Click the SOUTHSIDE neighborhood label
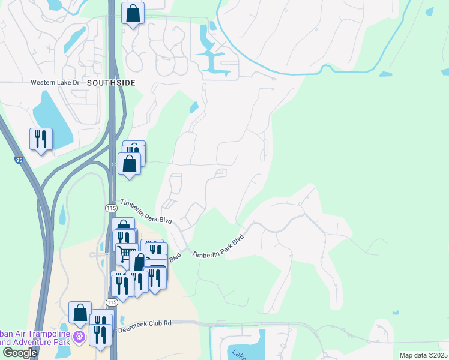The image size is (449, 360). pos(111,82)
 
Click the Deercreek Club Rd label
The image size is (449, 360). pos(145,323)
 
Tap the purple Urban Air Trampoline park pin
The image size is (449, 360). pos(79,338)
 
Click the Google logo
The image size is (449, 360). pos(20,353)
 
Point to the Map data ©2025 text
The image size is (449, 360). pos(423,355)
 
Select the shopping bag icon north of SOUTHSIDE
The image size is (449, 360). pos(133,13)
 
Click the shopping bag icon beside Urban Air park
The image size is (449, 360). pos(80,312)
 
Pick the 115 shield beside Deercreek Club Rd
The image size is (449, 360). pos(111,302)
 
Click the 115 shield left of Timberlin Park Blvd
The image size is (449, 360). pos(111,208)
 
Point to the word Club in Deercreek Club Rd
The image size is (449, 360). pos(152,323)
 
